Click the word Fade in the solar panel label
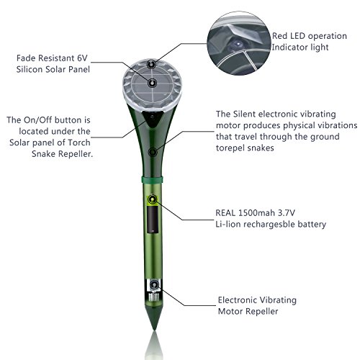click(x=26, y=58)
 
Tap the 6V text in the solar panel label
click(x=82, y=58)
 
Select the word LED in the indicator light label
click(x=297, y=36)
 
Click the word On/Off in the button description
click(x=39, y=120)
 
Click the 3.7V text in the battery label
click(x=287, y=212)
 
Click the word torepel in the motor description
click(x=230, y=148)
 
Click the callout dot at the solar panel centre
click(x=152, y=84)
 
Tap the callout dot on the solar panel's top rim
click(x=151, y=64)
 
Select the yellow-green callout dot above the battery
click(x=153, y=199)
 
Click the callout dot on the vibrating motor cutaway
click(x=154, y=285)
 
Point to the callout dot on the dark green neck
click(x=153, y=152)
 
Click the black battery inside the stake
click(x=153, y=220)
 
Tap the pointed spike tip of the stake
click(x=155, y=330)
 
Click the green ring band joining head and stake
click(x=153, y=179)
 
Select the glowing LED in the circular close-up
click(x=238, y=44)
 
